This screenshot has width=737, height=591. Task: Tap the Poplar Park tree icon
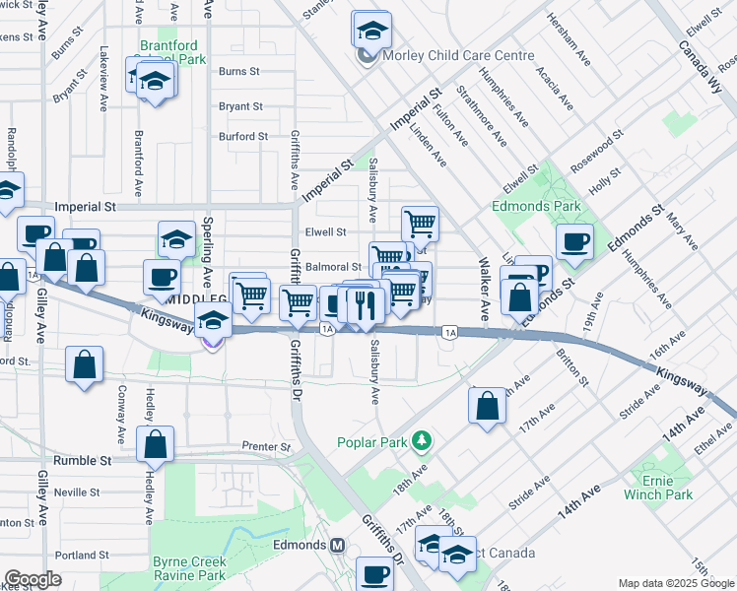click(x=422, y=438)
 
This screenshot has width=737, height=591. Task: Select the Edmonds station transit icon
click(x=339, y=545)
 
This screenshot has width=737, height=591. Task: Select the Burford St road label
click(x=242, y=137)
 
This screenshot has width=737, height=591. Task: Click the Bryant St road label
click(x=240, y=106)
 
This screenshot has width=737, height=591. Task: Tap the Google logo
click(x=33, y=579)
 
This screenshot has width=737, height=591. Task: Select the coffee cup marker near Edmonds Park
click(x=574, y=240)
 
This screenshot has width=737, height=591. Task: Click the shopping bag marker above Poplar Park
click(x=487, y=406)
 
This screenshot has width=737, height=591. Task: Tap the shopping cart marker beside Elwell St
click(x=420, y=224)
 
